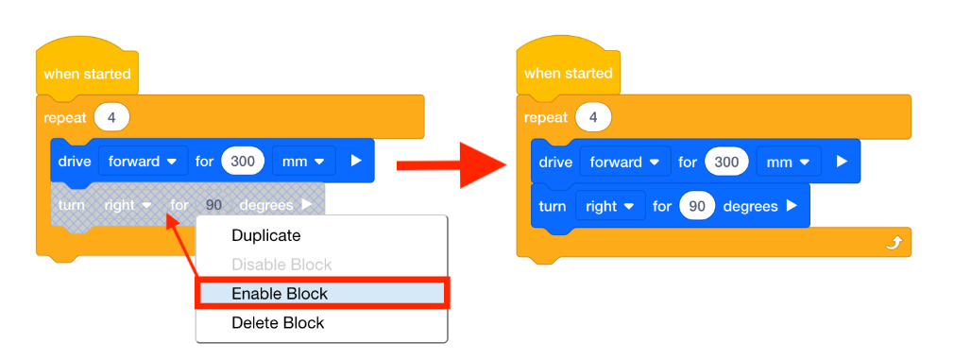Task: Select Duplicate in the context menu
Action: (x=265, y=235)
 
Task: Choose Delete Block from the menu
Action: (x=277, y=323)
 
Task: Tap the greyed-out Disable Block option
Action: (x=281, y=265)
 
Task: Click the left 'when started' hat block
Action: (x=87, y=74)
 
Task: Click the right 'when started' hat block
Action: (x=568, y=74)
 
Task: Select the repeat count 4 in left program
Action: (x=112, y=118)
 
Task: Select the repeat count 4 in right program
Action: (x=593, y=118)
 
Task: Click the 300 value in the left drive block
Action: (x=244, y=161)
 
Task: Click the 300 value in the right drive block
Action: (x=725, y=162)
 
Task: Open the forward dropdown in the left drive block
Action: (x=143, y=161)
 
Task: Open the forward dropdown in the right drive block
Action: (x=624, y=162)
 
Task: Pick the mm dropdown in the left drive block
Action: (x=304, y=161)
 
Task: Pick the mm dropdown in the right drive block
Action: (x=786, y=162)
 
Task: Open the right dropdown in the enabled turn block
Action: (x=610, y=206)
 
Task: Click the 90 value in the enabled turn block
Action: (x=697, y=206)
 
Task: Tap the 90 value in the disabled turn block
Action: (x=214, y=204)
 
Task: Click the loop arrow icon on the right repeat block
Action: (x=894, y=244)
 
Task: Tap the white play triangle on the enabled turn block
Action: (x=792, y=206)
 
